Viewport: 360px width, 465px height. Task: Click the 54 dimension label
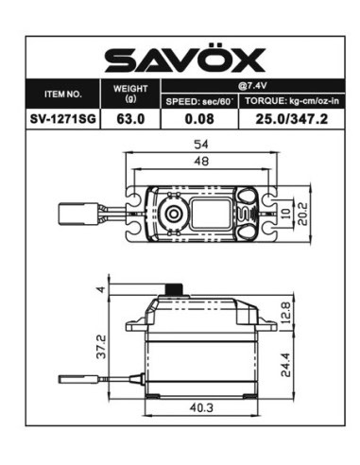point(200,144)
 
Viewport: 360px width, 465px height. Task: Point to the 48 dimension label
point(200,162)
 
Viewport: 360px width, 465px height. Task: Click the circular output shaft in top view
point(173,215)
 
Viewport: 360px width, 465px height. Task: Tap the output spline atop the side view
point(172,289)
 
